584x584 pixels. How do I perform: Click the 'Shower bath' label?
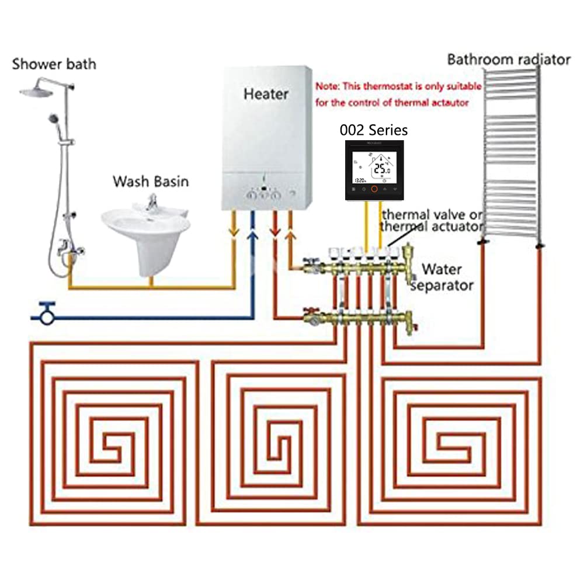[54, 64]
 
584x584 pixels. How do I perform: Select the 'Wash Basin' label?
[151, 181]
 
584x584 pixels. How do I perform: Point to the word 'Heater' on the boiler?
[266, 93]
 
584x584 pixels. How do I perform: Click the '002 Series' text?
[374, 130]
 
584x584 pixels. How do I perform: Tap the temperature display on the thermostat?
[381, 169]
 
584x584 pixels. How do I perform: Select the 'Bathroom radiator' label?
[508, 59]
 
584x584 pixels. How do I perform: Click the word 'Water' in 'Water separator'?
[442, 270]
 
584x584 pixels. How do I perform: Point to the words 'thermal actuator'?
[432, 227]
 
